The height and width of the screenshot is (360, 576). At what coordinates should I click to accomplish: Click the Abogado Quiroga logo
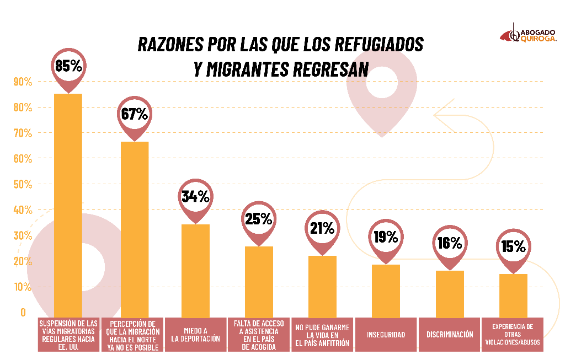pyautogui.click(x=529, y=35)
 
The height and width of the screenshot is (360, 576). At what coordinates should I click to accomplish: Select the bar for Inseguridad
pyautogui.click(x=386, y=289)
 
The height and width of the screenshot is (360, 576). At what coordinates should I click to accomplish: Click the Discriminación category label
pyautogui.click(x=450, y=335)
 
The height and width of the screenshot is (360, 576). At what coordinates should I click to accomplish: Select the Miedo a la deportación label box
pyautogui.click(x=196, y=335)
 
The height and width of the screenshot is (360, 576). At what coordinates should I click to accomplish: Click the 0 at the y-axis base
pyautogui.click(x=23, y=312)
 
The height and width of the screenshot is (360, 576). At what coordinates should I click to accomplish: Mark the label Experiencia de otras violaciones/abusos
pyautogui.click(x=513, y=335)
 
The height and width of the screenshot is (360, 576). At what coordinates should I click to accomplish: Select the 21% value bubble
pyautogui.click(x=322, y=228)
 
